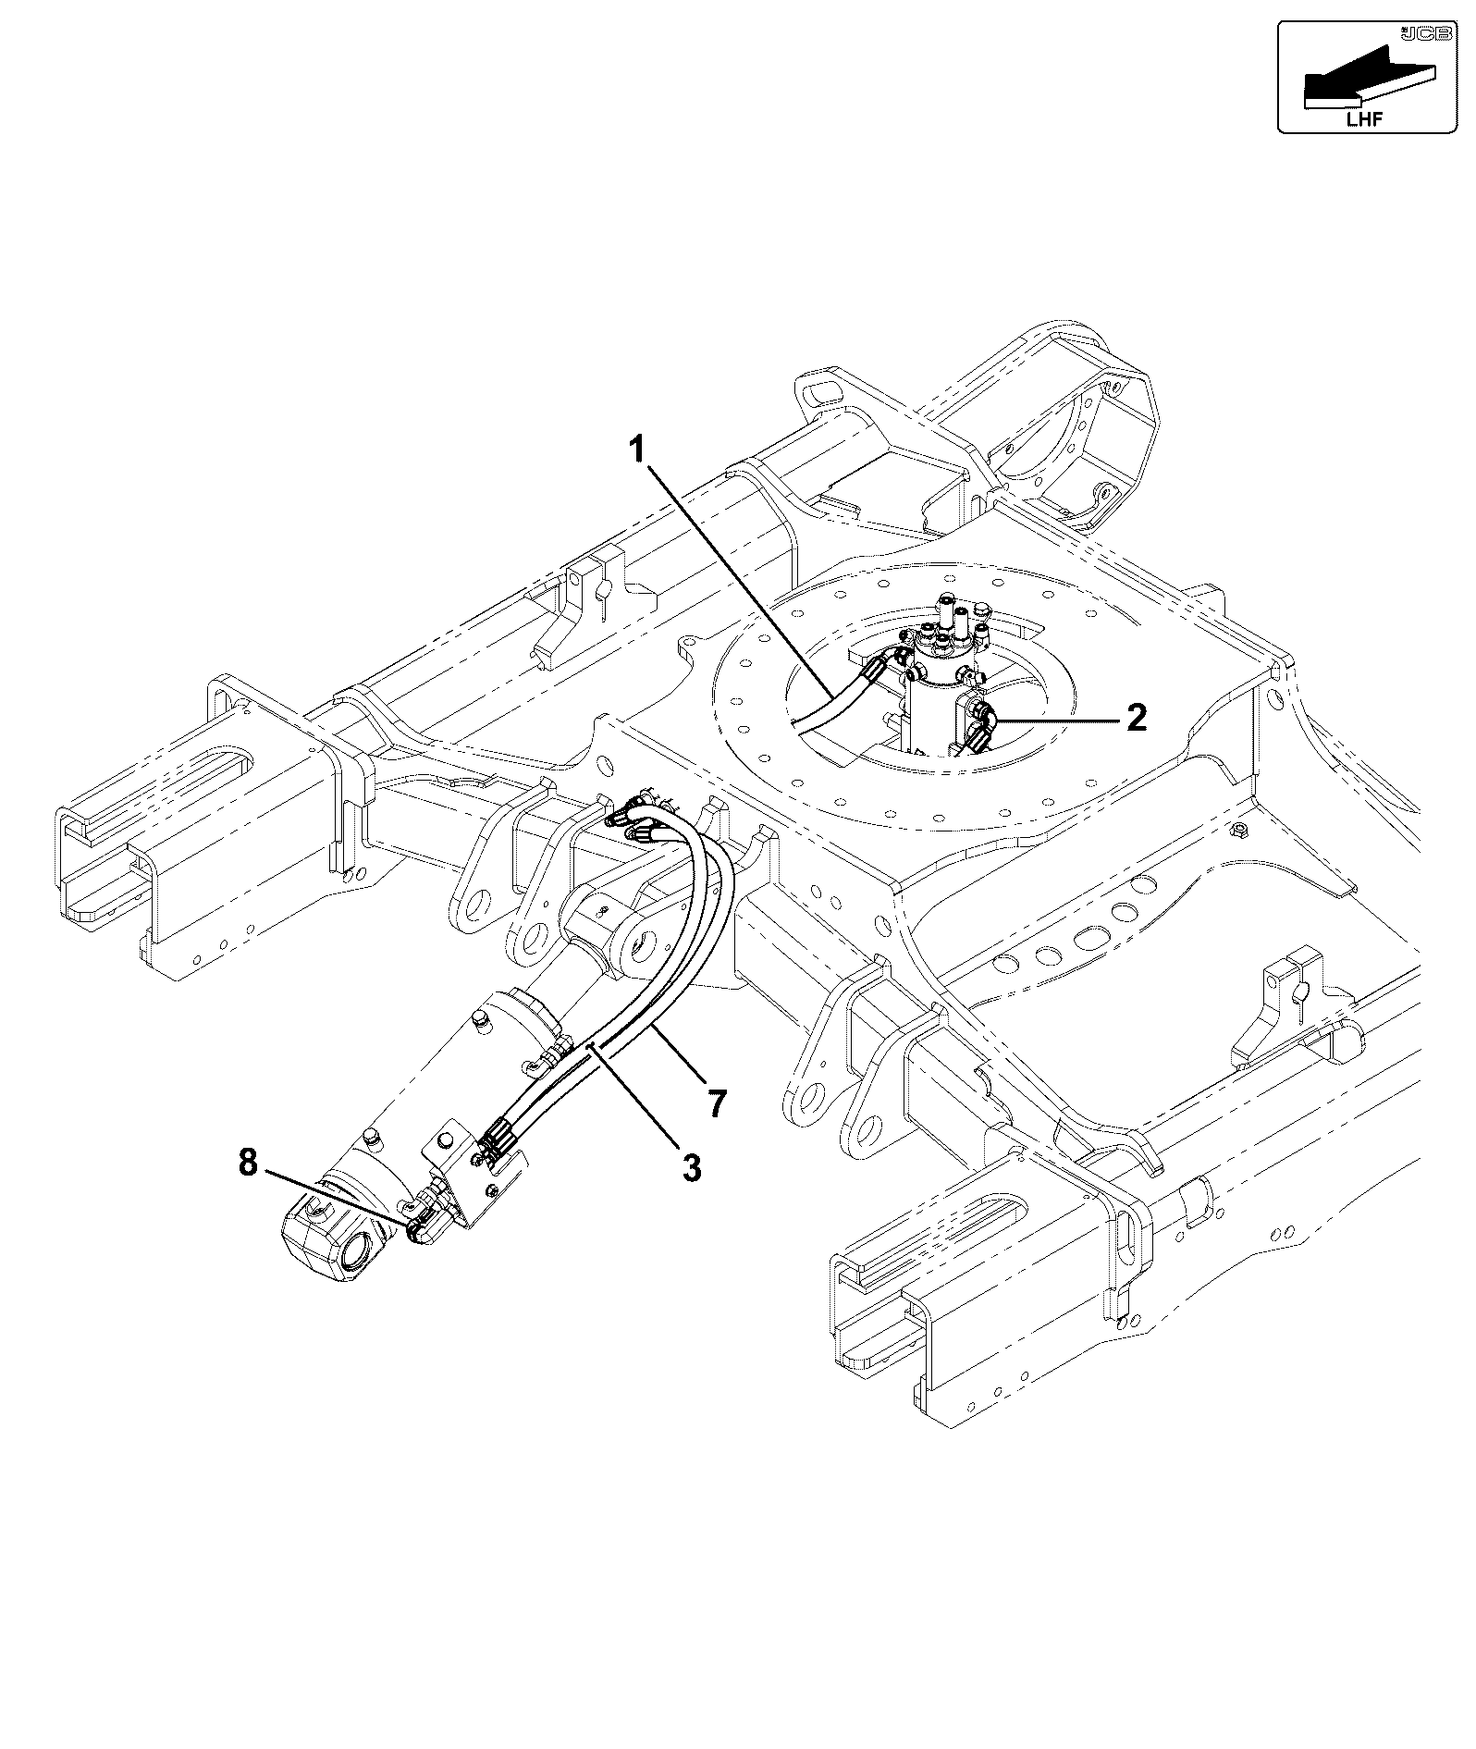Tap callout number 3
(691, 1167)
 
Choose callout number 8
(248, 1163)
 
